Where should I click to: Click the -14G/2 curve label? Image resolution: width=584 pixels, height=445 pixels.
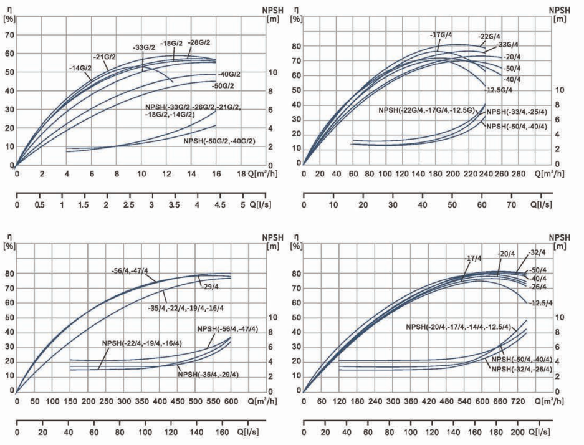(x=80, y=68)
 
